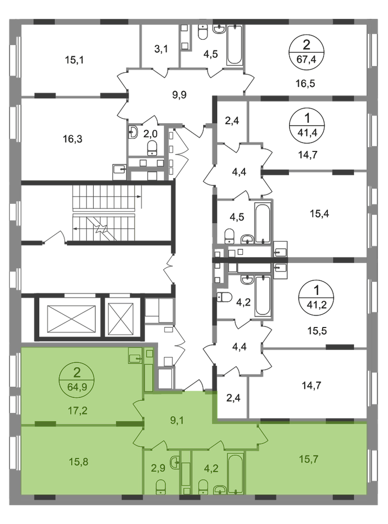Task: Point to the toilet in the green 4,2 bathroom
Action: tap(204, 487)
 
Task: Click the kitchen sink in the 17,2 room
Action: tap(135, 358)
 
